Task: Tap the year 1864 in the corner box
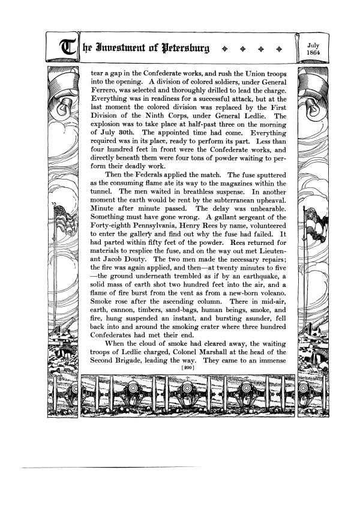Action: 313,52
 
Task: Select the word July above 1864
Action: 313,44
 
